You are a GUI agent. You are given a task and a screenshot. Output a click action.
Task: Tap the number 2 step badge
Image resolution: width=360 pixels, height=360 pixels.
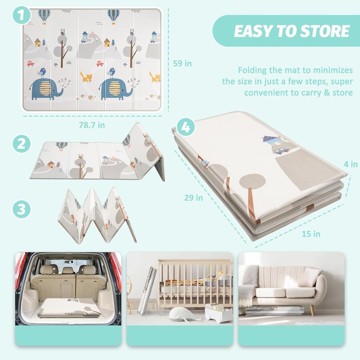pos(22,144)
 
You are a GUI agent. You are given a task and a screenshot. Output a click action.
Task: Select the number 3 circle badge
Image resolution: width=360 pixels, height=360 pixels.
pos(22,209)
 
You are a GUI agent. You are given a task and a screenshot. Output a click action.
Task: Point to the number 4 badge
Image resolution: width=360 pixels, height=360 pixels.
pos(186,127)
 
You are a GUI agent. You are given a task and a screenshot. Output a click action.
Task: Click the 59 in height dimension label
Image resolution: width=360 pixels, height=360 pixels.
pos(182,63)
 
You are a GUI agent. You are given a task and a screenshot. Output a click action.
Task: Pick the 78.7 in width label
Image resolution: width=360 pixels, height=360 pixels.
pos(92,125)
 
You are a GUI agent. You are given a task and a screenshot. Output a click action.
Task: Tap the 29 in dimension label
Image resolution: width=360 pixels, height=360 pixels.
pos(194,197)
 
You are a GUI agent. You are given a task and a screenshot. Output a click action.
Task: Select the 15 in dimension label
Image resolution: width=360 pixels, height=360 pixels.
pos(311,234)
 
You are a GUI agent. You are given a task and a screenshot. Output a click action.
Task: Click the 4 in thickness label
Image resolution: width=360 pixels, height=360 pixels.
pos(351,164)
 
